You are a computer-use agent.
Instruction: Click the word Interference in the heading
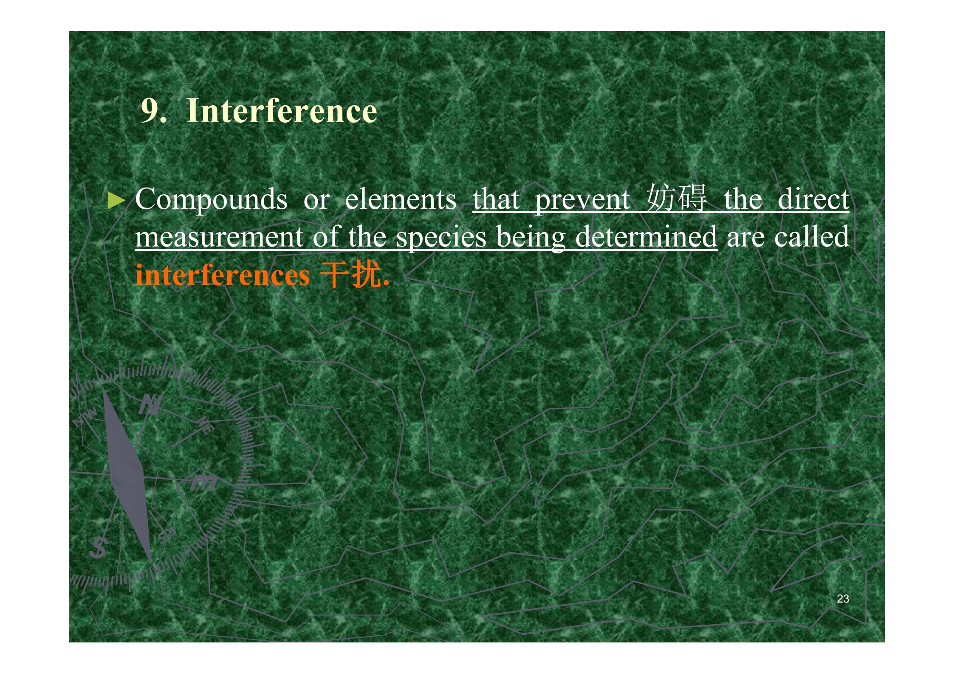tap(282, 111)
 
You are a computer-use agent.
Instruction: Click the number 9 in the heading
tap(150, 111)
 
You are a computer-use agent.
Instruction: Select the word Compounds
tap(211, 199)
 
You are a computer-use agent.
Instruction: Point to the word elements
tap(401, 199)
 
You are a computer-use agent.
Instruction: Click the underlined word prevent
tap(582, 200)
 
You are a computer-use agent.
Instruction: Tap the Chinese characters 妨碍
tap(676, 198)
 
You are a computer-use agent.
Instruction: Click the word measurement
tap(219, 237)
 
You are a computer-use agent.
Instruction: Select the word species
tap(441, 238)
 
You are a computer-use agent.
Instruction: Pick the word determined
tap(646, 236)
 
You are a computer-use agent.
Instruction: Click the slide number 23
tap(843, 598)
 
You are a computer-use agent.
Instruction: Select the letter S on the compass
tap(98, 547)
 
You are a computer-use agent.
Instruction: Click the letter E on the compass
tap(203, 482)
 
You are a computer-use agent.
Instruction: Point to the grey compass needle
tap(127, 474)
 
